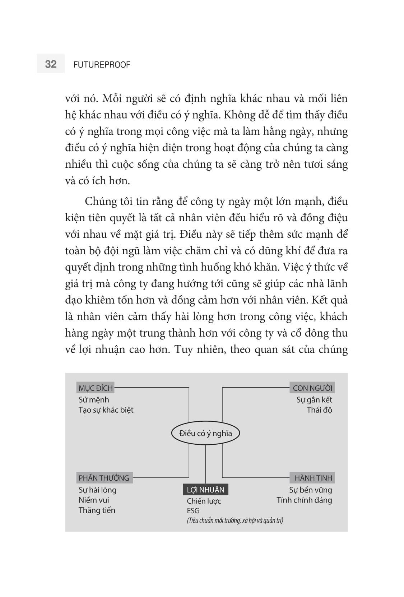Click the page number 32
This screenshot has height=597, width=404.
[x=51, y=64]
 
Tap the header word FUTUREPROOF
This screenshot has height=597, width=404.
[x=102, y=65]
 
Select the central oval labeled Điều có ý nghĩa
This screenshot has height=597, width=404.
[x=205, y=433]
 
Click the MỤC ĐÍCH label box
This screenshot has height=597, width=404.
[x=96, y=388]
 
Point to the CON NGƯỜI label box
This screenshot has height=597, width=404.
[x=312, y=388]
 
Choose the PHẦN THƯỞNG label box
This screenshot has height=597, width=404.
[x=104, y=478]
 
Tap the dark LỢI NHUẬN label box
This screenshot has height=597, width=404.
[x=205, y=490]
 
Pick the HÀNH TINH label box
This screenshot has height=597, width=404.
[x=313, y=478]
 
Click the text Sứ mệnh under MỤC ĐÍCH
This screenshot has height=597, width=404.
[x=94, y=400]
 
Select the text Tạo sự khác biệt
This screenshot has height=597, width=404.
[x=106, y=410]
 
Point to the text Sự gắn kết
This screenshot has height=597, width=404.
[x=314, y=400]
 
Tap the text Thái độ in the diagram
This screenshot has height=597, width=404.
[x=319, y=410]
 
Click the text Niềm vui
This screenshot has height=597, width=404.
[x=94, y=500]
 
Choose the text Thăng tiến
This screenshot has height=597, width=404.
[x=97, y=510]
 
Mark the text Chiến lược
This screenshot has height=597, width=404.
[x=204, y=501]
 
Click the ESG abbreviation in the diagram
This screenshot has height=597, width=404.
[x=193, y=510]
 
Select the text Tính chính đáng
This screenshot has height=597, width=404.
[x=304, y=500]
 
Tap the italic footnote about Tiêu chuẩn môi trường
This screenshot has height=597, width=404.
[x=235, y=520]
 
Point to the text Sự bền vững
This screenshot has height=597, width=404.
[x=310, y=490]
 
